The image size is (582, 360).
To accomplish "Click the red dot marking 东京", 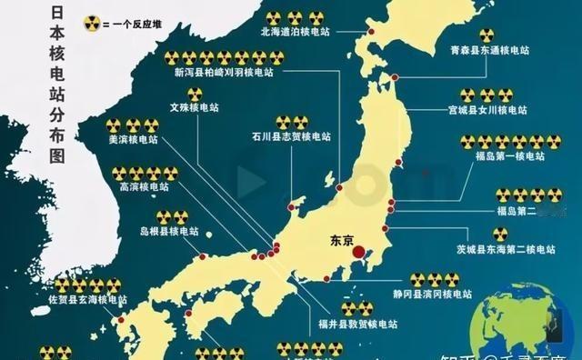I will (359, 252).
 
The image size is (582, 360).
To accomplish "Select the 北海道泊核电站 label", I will (295, 30).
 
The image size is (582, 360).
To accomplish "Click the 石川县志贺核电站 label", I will (288, 138).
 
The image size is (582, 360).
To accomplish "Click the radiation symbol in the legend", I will (90, 22).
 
